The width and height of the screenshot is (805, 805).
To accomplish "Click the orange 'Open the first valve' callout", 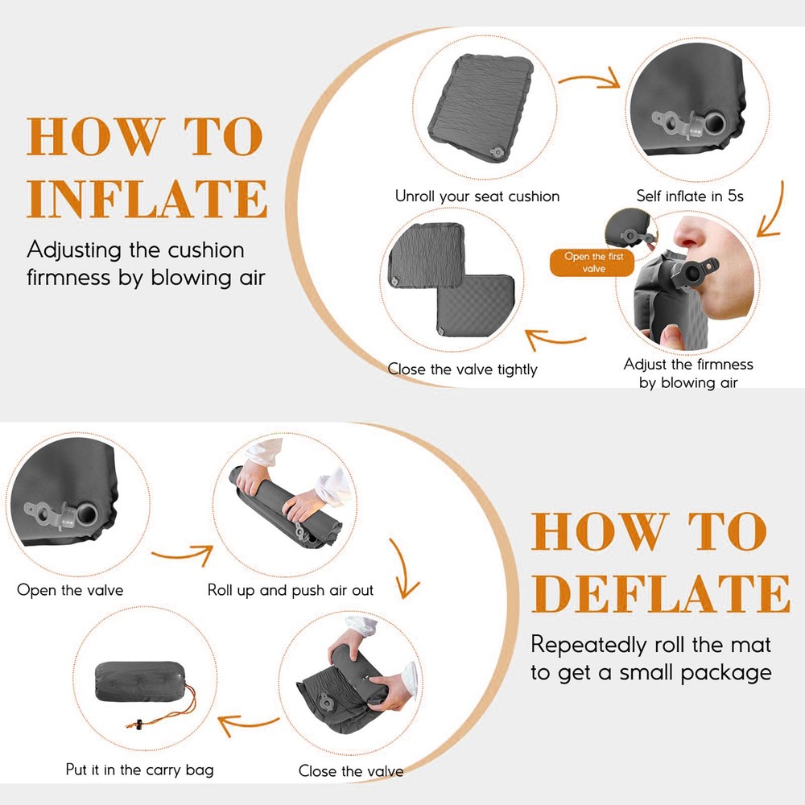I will (x=593, y=262).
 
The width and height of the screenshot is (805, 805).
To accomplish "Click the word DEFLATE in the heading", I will (x=660, y=594).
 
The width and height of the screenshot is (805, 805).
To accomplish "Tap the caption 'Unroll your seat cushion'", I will (x=477, y=196).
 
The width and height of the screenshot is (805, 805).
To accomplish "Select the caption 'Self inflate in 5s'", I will (x=690, y=196).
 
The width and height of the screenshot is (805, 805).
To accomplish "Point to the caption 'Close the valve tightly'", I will (x=462, y=369).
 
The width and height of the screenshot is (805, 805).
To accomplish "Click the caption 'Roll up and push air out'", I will (x=291, y=590).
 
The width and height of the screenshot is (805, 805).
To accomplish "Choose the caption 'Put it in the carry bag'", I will (x=140, y=770).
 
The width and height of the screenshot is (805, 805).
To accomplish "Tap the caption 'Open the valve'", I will (x=70, y=590).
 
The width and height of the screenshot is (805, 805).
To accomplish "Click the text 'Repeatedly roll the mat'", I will (x=650, y=644).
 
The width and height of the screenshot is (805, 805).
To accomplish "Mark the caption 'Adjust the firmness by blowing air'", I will (x=688, y=374).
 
